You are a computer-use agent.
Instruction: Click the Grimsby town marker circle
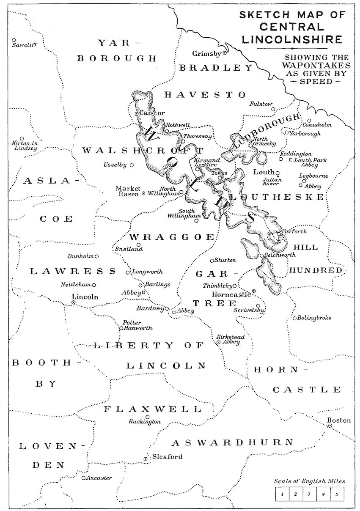click(225, 53)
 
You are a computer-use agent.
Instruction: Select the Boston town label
click(339, 420)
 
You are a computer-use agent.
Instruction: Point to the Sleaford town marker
click(146, 459)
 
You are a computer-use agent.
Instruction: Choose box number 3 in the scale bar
click(309, 494)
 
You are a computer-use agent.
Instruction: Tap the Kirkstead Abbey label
click(228, 339)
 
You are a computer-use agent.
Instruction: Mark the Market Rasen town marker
click(143, 193)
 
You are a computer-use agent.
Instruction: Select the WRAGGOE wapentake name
click(172, 237)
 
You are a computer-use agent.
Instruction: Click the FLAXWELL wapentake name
click(153, 409)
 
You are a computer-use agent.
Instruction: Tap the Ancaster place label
click(99, 478)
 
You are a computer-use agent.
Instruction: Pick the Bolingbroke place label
click(314, 318)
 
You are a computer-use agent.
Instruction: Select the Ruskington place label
click(145, 422)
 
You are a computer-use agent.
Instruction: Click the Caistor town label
click(146, 113)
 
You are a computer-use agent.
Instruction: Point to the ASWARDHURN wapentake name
click(232, 442)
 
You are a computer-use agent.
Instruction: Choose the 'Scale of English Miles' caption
click(309, 481)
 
